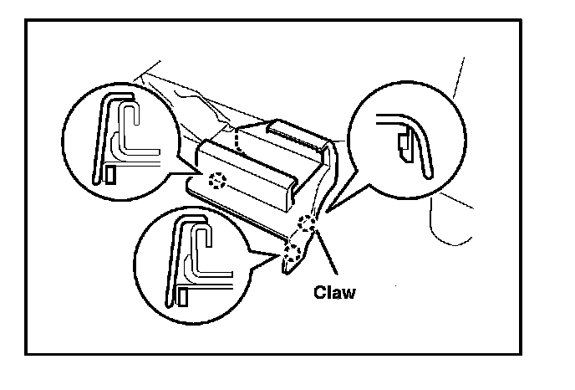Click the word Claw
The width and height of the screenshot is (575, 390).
[x=334, y=292]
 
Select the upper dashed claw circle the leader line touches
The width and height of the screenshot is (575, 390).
[x=308, y=223]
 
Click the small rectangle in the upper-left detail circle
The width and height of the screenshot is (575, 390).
[x=110, y=174]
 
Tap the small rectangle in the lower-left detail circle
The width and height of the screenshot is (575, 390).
[x=181, y=294]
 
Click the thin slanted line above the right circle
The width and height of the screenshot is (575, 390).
[x=455, y=80]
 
